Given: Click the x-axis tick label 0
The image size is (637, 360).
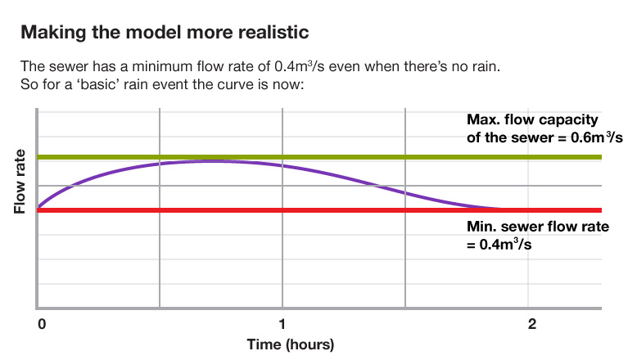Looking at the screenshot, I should [41, 323].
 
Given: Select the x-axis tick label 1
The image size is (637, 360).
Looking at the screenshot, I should [282, 323].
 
